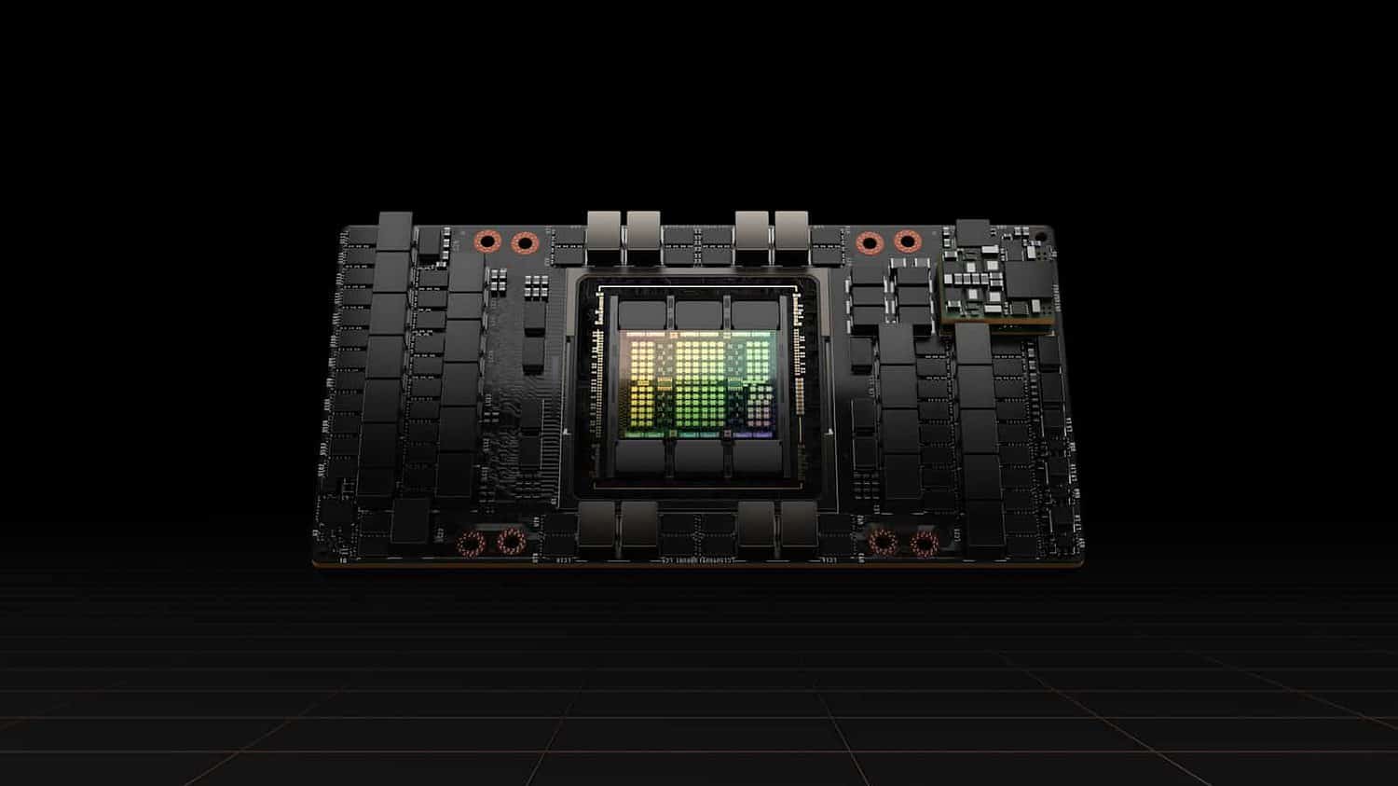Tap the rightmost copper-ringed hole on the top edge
[905, 242]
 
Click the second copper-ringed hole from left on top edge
[524, 242]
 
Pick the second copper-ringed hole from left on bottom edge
[509, 542]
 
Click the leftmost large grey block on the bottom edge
[596, 526]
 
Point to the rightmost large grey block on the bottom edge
[799, 526]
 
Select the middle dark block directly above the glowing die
[699, 315]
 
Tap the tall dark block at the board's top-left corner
[395, 233]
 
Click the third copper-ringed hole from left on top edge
[870, 242]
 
